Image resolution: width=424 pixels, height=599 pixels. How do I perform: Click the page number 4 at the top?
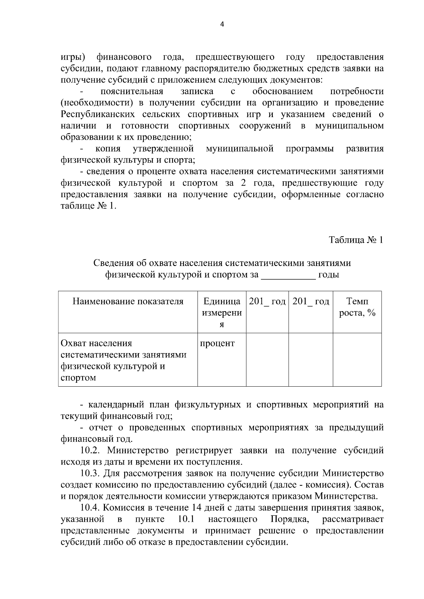tap(222, 24)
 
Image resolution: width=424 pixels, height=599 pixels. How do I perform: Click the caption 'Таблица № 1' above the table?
tap(356, 240)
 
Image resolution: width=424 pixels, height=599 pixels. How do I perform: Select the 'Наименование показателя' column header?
tap(128, 301)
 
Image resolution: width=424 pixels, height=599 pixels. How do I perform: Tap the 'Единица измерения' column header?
tap(222, 313)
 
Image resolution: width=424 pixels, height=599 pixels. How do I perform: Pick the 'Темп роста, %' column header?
tap(357, 307)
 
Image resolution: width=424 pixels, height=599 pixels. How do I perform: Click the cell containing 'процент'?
tap(217, 343)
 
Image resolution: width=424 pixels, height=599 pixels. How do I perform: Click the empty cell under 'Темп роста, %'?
tap(357, 359)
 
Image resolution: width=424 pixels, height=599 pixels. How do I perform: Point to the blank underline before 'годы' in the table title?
tap(288, 275)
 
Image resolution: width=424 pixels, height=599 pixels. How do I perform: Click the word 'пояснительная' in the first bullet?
tap(132, 92)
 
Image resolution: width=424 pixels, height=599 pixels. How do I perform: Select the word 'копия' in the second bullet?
tap(108, 149)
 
